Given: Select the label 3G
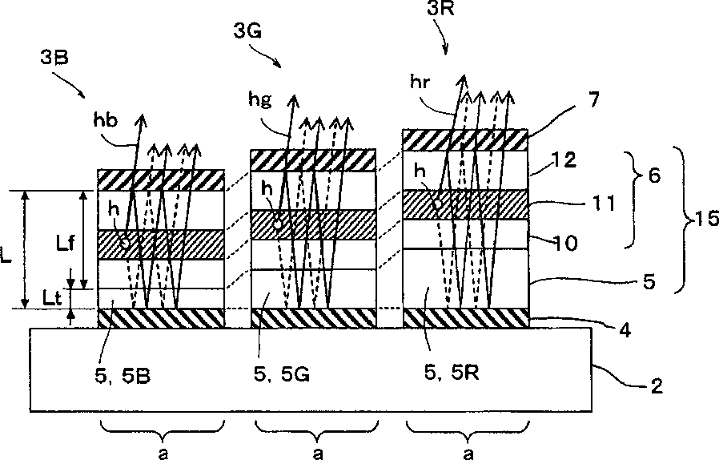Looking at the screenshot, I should pos(247,31).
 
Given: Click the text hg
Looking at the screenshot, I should pos(260,100).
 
